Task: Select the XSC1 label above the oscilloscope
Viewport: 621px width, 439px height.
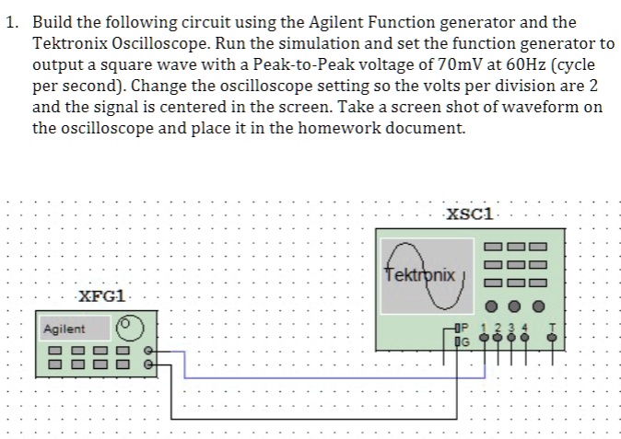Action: pyautogui.click(x=470, y=214)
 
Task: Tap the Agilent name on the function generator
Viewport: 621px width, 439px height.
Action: pyautogui.click(x=64, y=329)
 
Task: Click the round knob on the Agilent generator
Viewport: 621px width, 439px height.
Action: pyautogui.click(x=130, y=328)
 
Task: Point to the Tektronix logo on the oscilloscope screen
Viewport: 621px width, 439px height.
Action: pyautogui.click(x=420, y=274)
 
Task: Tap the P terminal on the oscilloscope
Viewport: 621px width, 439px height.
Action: pyautogui.click(x=463, y=329)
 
